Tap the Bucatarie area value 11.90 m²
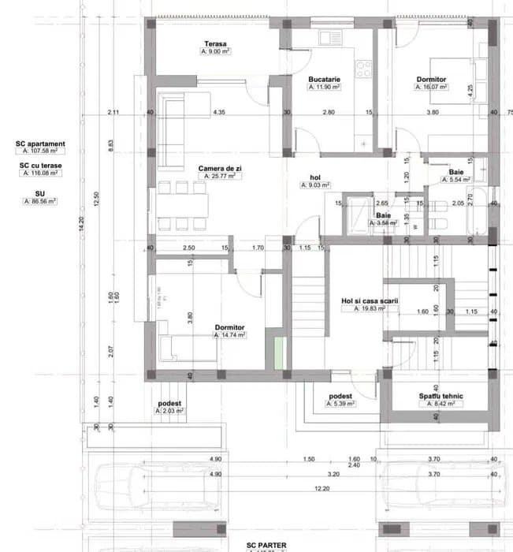pos(324,88)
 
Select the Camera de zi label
pos(215,168)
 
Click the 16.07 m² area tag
pos(431,88)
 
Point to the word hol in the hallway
pos(315,177)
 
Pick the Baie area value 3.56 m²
pos(383,223)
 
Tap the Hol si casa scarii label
pos(370,301)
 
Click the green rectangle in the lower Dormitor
pos(278,350)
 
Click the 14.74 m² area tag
pos(230,335)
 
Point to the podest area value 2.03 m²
pos(169,411)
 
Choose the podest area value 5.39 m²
pos(340,404)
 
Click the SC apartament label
pos(40,144)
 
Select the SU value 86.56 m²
pos(40,202)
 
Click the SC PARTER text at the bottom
pos(266,545)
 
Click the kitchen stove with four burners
pos(364,69)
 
